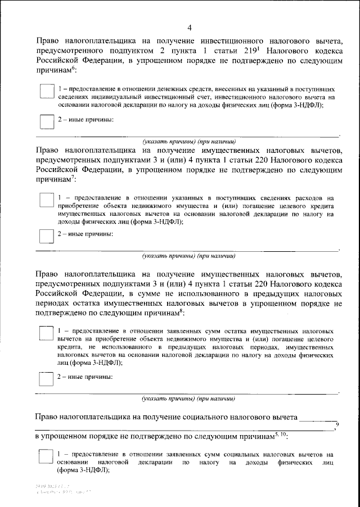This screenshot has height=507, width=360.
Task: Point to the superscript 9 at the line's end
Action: (x=337, y=423)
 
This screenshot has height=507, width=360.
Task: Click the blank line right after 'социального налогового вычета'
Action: (x=318, y=419)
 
